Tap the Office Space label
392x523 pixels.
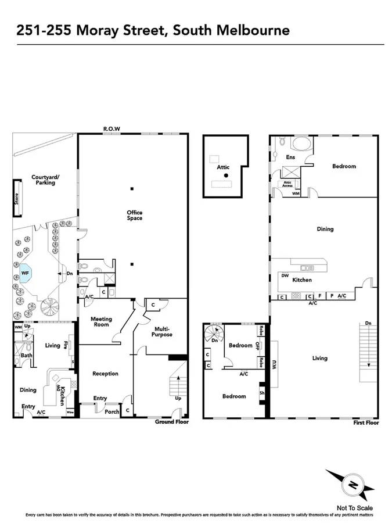[135, 216]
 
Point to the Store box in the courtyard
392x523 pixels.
[17, 199]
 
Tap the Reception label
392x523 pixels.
[105, 374]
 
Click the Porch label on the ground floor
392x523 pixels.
[112, 411]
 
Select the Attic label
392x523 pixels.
[223, 167]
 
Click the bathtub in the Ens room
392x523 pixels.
[300, 144]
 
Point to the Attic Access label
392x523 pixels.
[287, 184]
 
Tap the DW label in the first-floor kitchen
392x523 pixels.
[285, 275]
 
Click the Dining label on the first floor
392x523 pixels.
[325, 229]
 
